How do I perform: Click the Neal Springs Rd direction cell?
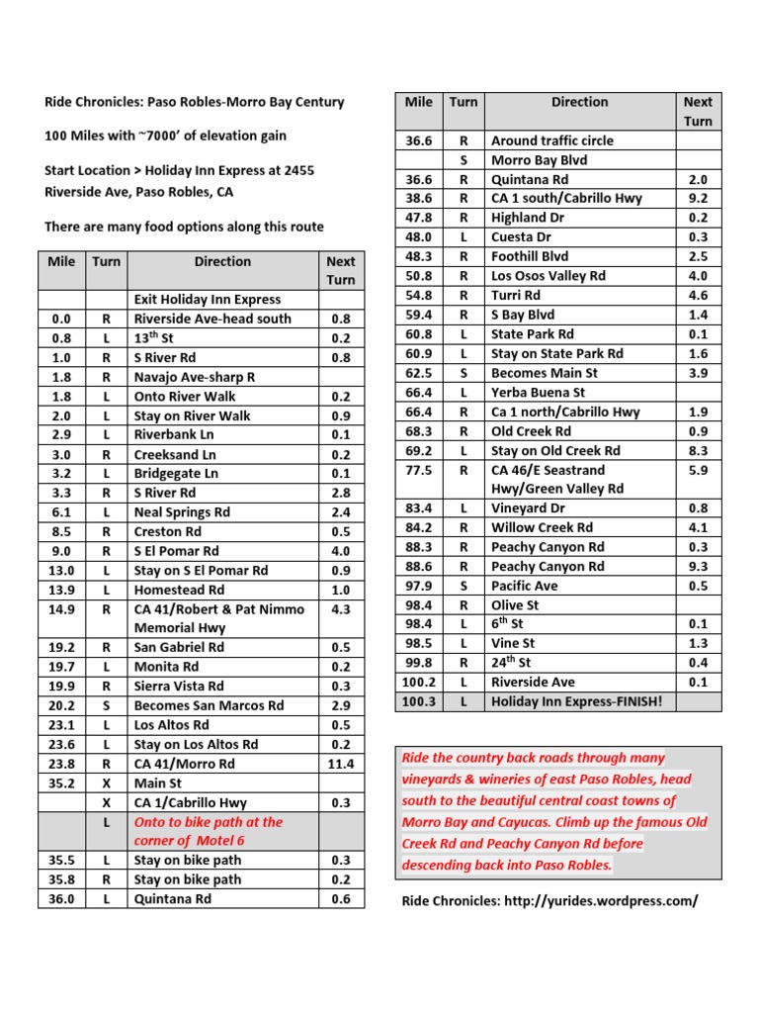(x=182, y=512)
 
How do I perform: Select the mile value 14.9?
(x=61, y=609)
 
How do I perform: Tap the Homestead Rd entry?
(x=179, y=590)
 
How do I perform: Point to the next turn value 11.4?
(x=341, y=764)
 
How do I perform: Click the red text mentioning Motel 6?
(x=208, y=831)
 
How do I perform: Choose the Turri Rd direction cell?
(x=516, y=295)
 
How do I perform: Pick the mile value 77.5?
(x=419, y=470)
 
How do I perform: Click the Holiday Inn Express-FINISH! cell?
(x=576, y=701)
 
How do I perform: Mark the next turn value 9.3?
(x=698, y=567)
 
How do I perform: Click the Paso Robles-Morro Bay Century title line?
(x=195, y=102)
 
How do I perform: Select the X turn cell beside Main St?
(x=106, y=783)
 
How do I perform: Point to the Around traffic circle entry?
(x=551, y=140)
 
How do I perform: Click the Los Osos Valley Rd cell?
(x=548, y=276)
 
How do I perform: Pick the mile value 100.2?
(x=419, y=682)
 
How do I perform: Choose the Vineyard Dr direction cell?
(x=528, y=508)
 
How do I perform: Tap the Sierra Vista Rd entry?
(x=179, y=687)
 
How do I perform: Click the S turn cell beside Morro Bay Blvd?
(x=463, y=160)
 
